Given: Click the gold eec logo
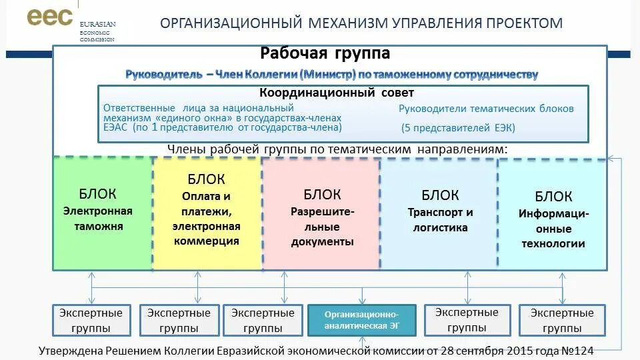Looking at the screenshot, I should coord(49,17).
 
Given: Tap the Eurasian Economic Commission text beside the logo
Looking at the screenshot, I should coord(97,31).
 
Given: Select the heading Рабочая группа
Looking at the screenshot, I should coord(325,53).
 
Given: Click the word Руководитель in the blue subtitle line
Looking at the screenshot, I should coord(163,75).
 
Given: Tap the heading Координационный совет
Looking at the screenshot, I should coord(337,93).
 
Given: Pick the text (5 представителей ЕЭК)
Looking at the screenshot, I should coord(459,128).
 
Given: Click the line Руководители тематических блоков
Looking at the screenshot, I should coord(486,109).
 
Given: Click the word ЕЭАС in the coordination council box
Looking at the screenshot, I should coord(116,127).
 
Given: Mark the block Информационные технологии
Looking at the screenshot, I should coord(553,220).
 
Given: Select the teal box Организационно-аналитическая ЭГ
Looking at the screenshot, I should coord(361,320).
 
